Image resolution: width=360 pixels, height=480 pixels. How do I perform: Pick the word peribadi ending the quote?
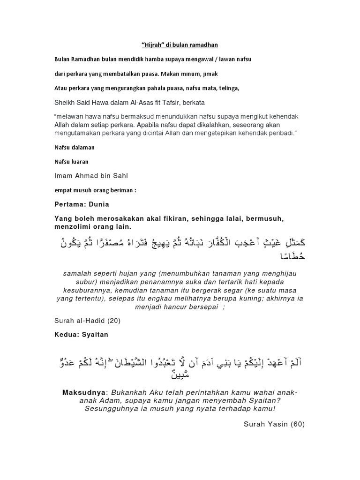pos(282,133)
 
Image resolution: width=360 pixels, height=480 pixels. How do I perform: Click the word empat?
pos(63,191)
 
